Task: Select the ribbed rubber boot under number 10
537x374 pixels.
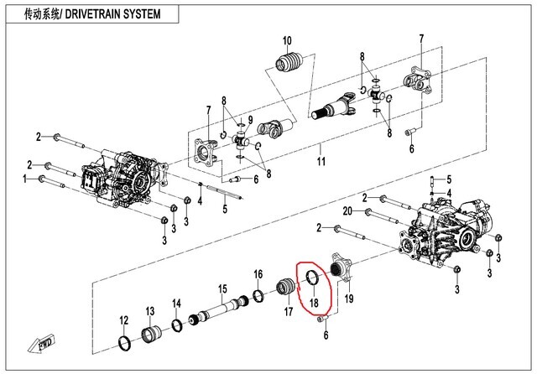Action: [289, 65]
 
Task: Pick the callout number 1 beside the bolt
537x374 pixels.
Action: [26, 179]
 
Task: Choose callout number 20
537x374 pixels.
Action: [347, 210]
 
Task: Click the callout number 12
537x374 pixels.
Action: [123, 319]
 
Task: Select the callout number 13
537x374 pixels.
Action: [150, 311]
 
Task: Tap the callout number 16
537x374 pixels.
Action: [258, 274]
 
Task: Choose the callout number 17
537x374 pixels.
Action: [287, 312]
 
